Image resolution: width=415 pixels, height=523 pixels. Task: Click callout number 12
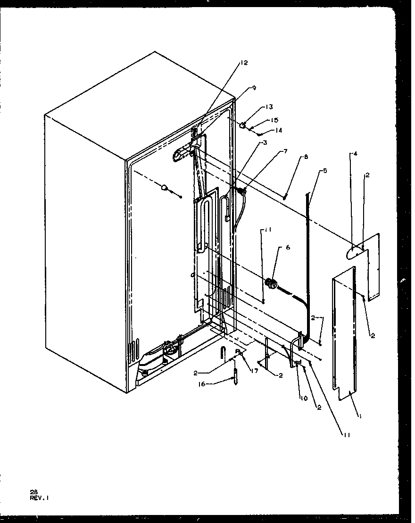243,63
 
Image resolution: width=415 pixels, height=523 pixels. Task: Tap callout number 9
254,88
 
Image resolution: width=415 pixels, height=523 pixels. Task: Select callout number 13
270,108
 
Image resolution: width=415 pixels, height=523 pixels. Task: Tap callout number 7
285,151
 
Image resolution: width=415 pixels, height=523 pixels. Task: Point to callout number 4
356,154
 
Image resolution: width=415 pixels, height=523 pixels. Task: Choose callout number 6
288,247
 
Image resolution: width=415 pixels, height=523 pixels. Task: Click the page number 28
33,491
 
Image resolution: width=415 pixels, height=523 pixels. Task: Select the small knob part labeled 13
243,125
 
